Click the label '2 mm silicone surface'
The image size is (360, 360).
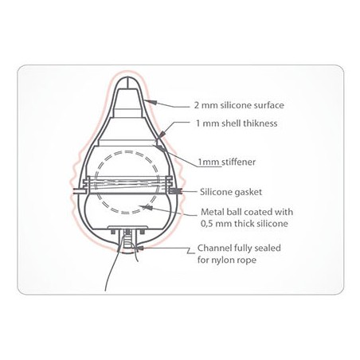(239, 105)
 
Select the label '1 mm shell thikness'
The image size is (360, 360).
(237, 123)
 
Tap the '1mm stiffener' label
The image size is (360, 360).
(227, 162)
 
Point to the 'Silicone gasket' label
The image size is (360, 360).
(231, 192)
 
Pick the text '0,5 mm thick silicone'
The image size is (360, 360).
(245, 224)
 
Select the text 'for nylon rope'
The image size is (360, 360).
(227, 260)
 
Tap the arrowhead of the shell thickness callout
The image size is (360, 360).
(161, 135)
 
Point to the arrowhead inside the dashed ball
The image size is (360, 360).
(147, 207)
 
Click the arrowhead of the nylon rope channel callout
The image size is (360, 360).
(140, 248)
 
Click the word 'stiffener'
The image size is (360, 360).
(238, 162)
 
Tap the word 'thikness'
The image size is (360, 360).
(260, 123)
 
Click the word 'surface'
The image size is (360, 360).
(268, 105)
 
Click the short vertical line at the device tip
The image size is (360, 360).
(127, 84)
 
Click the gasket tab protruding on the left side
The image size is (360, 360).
(79, 191)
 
